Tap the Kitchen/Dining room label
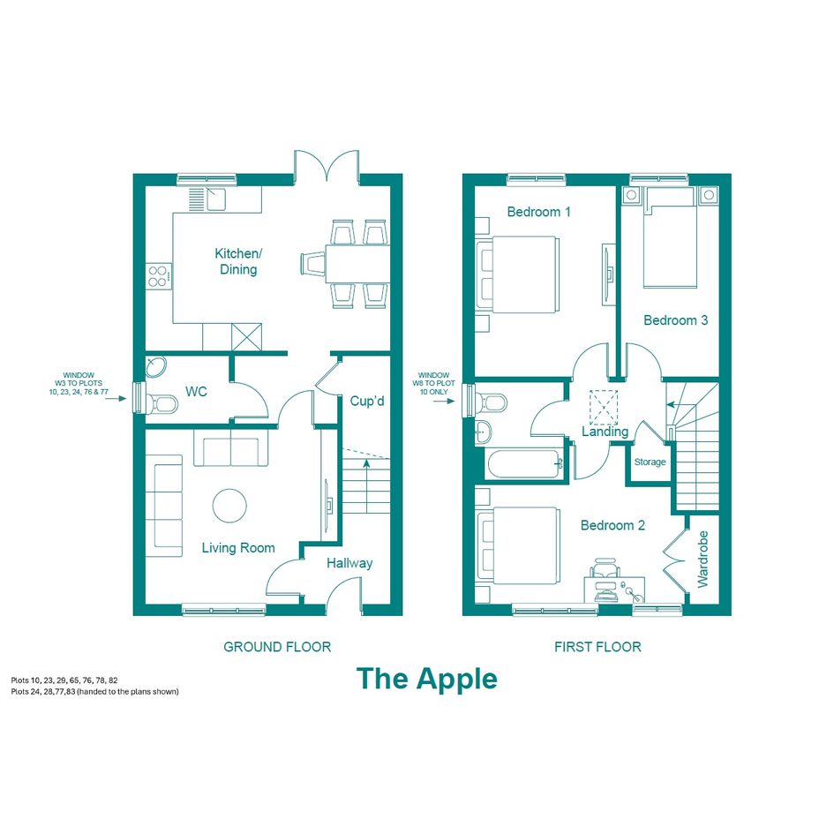[238, 261]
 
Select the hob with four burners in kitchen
[160, 276]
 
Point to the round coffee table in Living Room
[229, 506]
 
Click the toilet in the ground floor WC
[162, 403]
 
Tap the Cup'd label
[367, 401]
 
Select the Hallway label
[349, 563]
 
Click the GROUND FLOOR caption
[277, 647]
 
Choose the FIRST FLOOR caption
[597, 647]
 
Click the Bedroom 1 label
[539, 212]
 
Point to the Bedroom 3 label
[675, 320]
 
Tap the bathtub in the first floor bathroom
[525, 464]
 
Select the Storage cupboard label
[650, 462]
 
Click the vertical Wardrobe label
[703, 559]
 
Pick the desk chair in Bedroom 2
[605, 567]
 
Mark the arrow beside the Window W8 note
[444, 401]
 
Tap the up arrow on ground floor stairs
[366, 486]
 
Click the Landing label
[605, 432]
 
